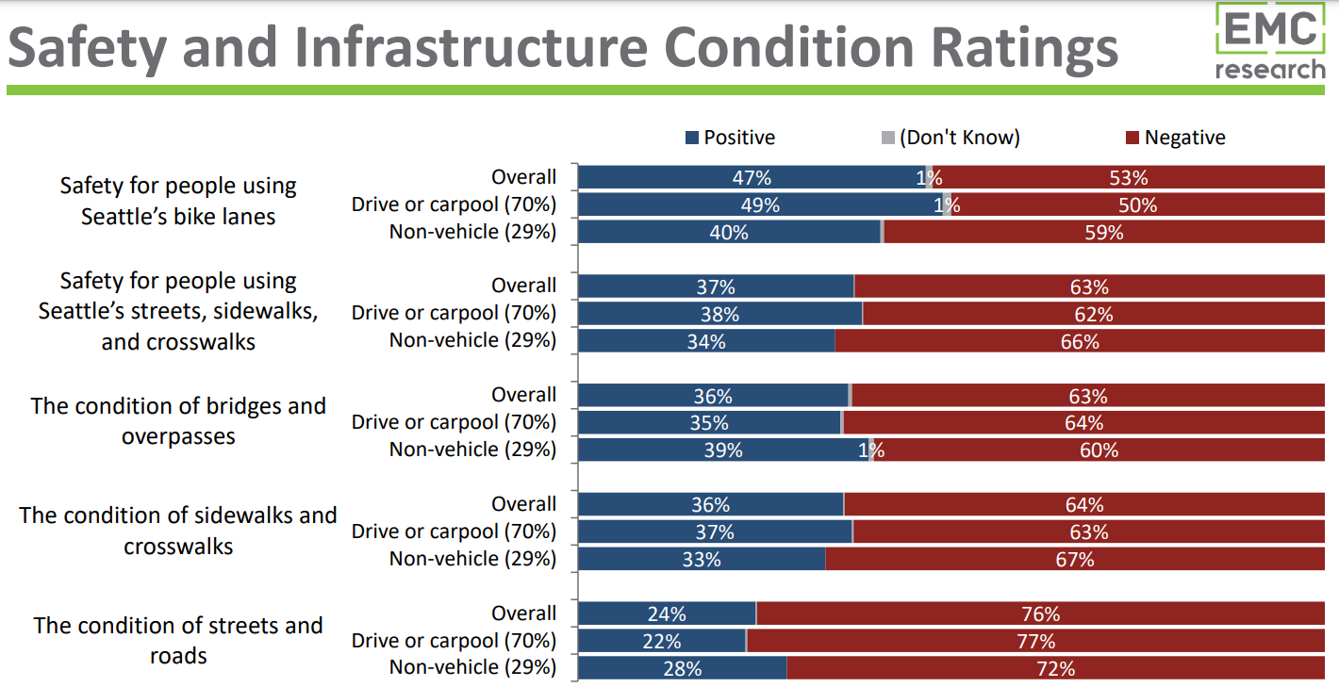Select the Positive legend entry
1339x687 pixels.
(x=730, y=138)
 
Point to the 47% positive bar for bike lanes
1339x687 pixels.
(x=752, y=177)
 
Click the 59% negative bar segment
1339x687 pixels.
(x=1103, y=232)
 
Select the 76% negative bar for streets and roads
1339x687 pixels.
(x=1040, y=614)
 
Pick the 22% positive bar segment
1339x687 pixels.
(x=662, y=642)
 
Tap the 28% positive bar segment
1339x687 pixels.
(x=682, y=669)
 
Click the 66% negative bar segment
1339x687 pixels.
(x=1080, y=342)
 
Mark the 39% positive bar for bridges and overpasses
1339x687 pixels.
(x=723, y=450)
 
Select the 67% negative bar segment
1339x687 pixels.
(x=1074, y=560)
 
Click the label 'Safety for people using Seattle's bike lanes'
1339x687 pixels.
(x=178, y=201)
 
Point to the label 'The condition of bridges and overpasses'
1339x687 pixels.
(x=178, y=421)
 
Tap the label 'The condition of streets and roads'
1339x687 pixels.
(x=178, y=640)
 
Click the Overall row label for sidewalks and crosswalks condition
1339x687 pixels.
(x=523, y=504)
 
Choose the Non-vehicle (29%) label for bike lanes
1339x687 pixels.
(x=472, y=232)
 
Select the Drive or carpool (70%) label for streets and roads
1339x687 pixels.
(x=454, y=641)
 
